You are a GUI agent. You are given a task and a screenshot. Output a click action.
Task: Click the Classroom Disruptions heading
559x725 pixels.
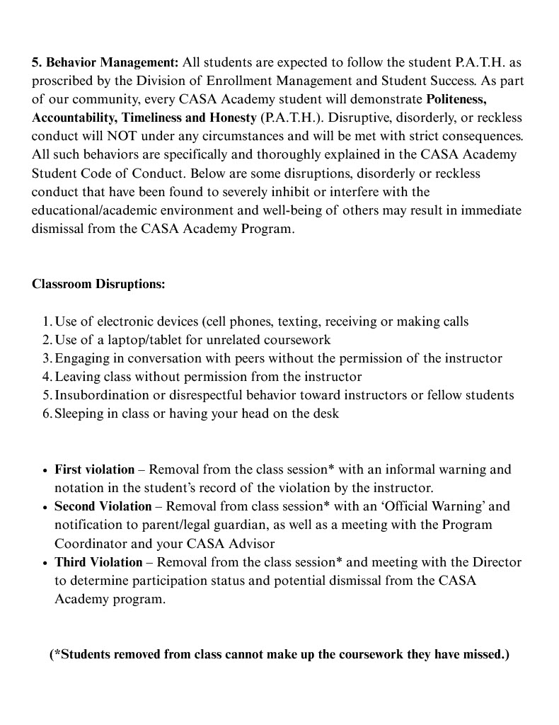(98, 284)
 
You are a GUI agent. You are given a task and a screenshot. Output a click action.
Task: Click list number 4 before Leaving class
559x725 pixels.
(47, 377)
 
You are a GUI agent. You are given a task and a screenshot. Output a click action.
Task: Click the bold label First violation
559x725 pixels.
(94, 469)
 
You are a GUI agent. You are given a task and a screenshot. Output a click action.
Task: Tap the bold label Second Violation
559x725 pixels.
(103, 506)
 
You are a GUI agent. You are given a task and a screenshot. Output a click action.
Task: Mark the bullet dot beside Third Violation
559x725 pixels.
(46, 564)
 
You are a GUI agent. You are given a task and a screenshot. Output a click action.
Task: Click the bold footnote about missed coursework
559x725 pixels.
(279, 654)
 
